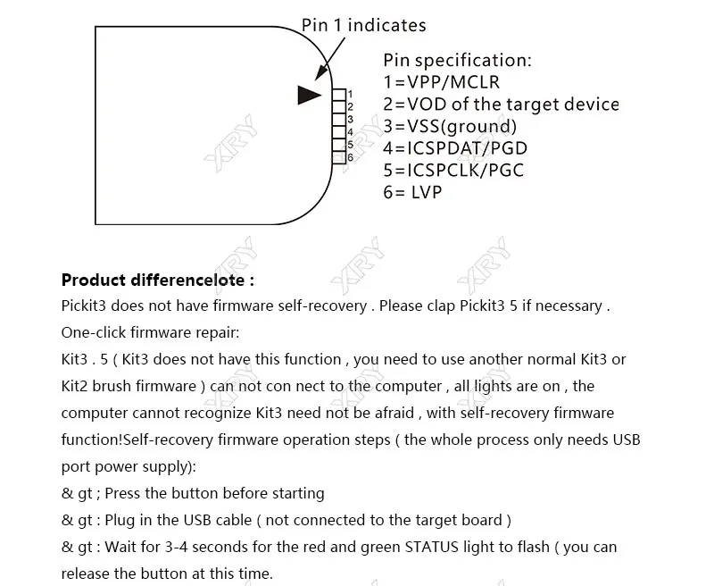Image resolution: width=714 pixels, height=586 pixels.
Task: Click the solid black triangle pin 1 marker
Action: (x=309, y=96)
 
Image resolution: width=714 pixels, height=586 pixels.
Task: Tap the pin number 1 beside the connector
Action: (x=350, y=95)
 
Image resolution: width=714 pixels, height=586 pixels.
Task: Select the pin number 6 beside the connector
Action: (x=350, y=157)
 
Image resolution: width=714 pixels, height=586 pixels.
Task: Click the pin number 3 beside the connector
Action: (x=350, y=120)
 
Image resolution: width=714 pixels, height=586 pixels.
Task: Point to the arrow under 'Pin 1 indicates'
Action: (x=329, y=59)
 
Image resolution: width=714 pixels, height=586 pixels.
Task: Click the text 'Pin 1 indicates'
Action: (x=364, y=25)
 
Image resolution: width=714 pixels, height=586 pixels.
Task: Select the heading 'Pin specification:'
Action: (x=457, y=60)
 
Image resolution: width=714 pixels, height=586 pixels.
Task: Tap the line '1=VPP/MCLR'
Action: (x=441, y=82)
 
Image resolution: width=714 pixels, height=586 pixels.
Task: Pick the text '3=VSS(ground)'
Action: (x=450, y=126)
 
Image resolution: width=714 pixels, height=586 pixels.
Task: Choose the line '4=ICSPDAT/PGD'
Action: (x=455, y=148)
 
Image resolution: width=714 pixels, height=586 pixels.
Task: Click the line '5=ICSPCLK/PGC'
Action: (x=453, y=170)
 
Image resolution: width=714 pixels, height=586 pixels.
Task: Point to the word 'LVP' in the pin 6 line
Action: (x=427, y=192)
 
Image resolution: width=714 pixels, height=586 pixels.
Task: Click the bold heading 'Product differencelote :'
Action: (x=158, y=280)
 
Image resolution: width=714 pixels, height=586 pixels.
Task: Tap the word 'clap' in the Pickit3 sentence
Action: (x=441, y=306)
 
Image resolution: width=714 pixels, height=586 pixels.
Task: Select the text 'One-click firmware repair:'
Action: (x=150, y=332)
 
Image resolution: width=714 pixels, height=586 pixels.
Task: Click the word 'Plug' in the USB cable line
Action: (x=120, y=521)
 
